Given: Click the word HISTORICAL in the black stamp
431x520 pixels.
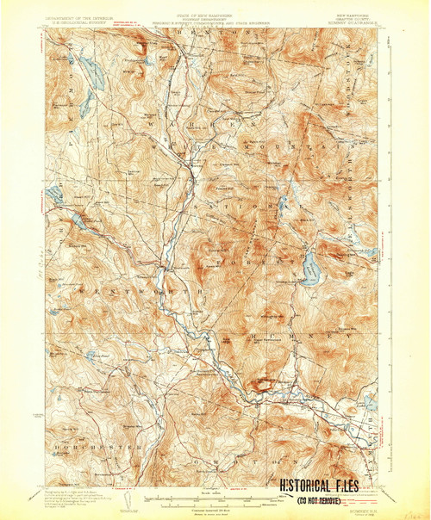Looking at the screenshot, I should pyautogui.click(x=308, y=486).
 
